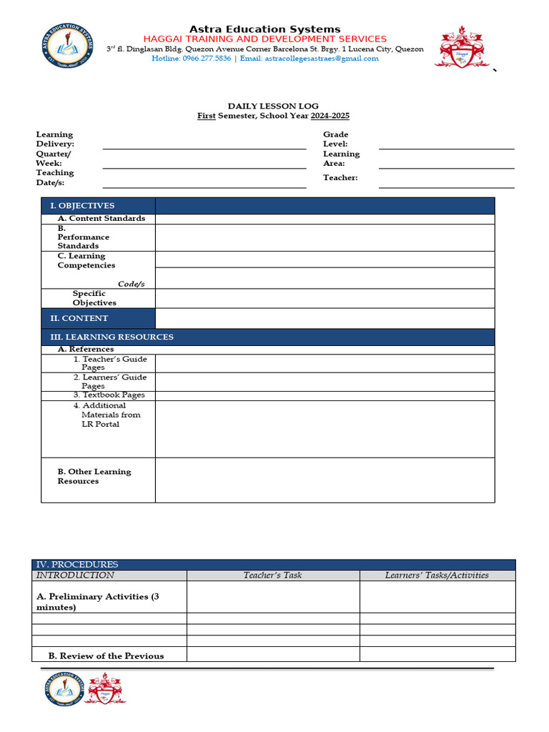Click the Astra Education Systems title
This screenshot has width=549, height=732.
click(264, 29)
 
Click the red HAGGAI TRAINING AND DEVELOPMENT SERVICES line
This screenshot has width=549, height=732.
click(264, 39)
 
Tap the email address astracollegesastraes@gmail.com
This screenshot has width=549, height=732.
click(322, 59)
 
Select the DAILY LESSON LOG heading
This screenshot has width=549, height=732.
click(273, 106)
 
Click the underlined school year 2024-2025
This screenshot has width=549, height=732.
click(330, 116)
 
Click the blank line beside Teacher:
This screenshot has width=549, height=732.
click(446, 182)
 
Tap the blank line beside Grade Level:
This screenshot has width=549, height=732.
click(446, 144)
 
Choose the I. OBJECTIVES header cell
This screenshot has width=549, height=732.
click(98, 206)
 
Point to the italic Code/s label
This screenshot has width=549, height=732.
click(132, 284)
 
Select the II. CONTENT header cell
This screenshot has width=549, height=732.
click(98, 318)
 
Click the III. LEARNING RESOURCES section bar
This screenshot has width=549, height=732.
click(267, 337)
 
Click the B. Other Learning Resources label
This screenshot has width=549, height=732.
click(94, 476)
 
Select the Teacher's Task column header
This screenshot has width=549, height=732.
click(272, 575)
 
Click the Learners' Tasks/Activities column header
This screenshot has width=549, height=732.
click(437, 575)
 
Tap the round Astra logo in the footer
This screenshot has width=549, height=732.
click(64, 689)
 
